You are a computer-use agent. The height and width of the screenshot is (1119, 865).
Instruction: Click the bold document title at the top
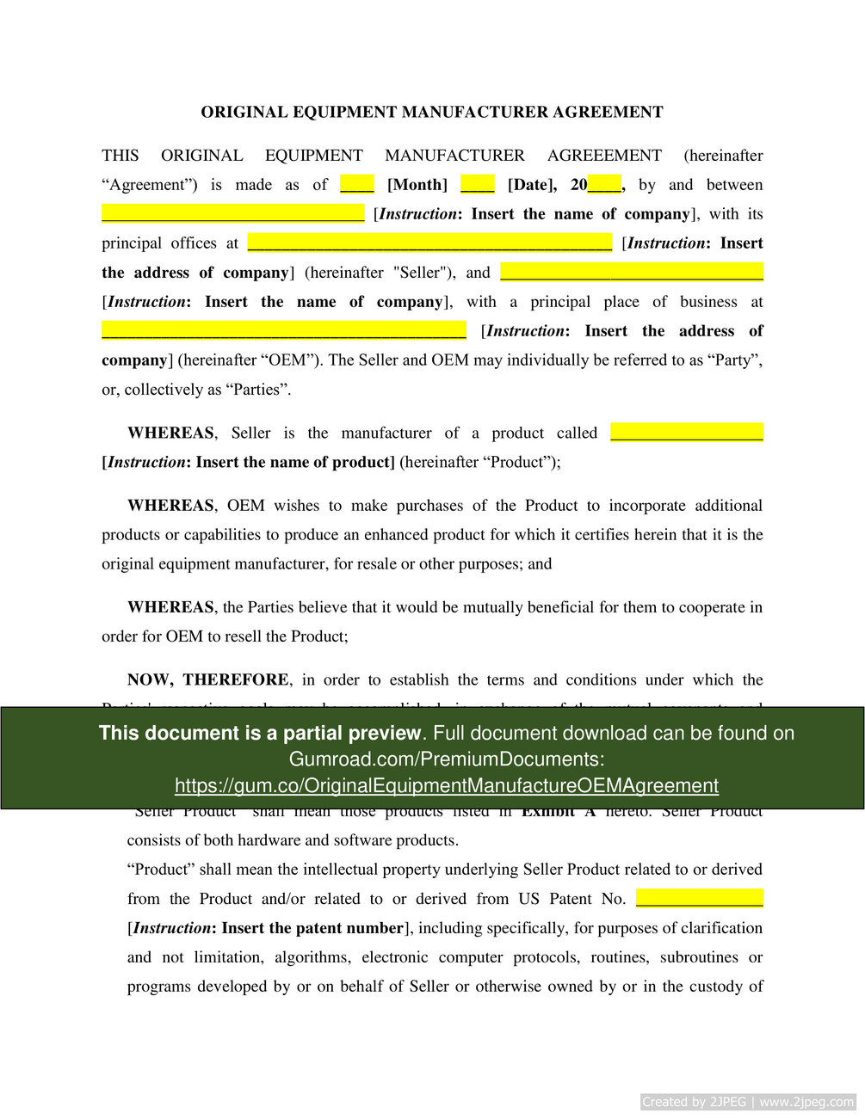(x=432, y=112)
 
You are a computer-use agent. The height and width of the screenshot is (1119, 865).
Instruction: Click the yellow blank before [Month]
(x=356, y=184)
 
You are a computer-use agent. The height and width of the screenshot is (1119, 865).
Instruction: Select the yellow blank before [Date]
(x=477, y=184)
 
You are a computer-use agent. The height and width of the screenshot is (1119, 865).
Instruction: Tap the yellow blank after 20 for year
(x=604, y=184)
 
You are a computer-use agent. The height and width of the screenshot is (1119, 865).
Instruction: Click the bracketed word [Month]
(x=417, y=185)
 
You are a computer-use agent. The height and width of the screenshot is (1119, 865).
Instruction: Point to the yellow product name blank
(x=686, y=432)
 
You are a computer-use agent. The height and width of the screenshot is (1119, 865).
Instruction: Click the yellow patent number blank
(x=699, y=898)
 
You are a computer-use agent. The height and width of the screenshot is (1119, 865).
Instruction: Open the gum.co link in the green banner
(x=446, y=785)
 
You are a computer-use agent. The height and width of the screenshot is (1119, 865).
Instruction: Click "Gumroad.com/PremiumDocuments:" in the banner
(x=446, y=759)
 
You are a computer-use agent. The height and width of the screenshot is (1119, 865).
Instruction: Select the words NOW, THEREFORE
(x=208, y=679)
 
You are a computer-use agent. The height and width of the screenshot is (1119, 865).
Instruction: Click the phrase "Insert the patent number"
(x=312, y=928)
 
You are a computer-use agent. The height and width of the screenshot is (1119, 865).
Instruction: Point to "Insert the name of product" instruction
(x=293, y=462)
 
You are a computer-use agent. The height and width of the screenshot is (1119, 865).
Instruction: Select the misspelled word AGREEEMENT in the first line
(x=604, y=156)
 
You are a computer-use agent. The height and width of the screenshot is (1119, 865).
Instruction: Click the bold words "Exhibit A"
(x=558, y=812)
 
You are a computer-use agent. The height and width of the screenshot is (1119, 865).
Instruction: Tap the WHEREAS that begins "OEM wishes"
(x=170, y=506)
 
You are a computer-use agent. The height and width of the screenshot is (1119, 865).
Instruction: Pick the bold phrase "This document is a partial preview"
(x=260, y=733)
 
